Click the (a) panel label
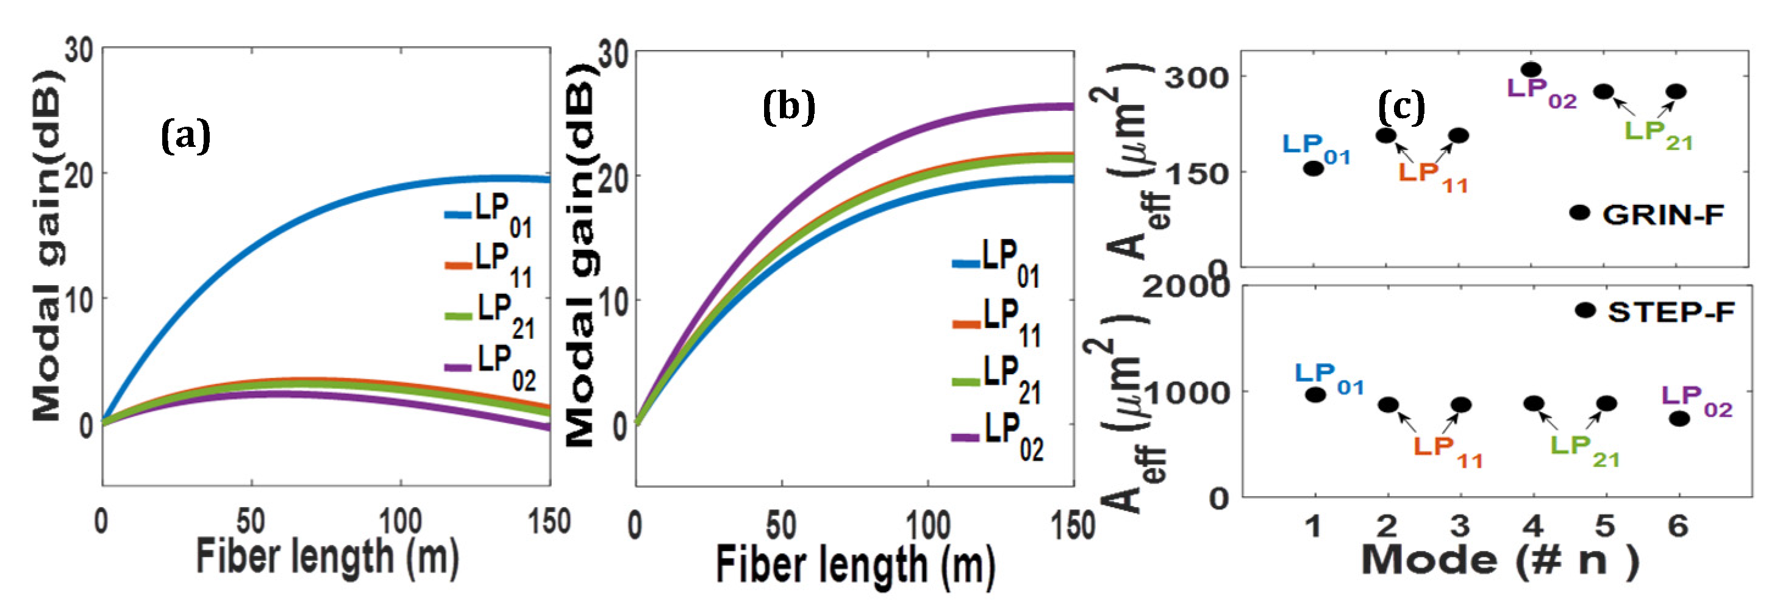[185, 136]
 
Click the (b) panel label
[788, 108]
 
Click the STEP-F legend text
[1670, 313]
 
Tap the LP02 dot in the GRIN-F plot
[1531, 69]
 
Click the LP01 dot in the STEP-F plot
[1316, 394]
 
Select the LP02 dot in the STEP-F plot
[1679, 418]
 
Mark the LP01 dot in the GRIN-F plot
[1313, 168]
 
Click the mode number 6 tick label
[1678, 527]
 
